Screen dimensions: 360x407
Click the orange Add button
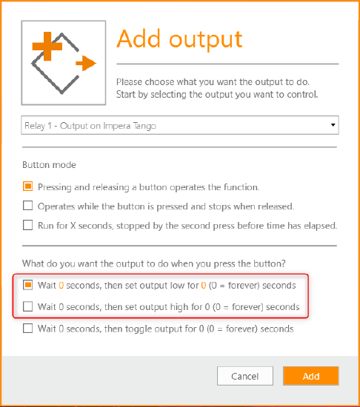[x=311, y=376]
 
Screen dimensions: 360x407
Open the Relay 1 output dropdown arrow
[x=333, y=125]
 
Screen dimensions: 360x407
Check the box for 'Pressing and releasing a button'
[x=28, y=186]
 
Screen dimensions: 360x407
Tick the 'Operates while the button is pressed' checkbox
[x=28, y=206]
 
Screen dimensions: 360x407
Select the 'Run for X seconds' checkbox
[x=28, y=225]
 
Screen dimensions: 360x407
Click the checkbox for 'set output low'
[x=28, y=285]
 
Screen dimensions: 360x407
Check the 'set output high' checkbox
[x=28, y=306]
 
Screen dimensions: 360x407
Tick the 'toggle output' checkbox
[x=28, y=328]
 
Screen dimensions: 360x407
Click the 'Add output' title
[x=179, y=39]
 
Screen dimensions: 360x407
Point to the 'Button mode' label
[x=49, y=165]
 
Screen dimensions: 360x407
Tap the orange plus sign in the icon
[x=47, y=46]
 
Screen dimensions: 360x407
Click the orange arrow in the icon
[x=86, y=63]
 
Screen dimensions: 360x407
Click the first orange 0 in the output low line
[x=61, y=286]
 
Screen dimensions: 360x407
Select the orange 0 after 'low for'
[x=204, y=286]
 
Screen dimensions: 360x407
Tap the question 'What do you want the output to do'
[x=154, y=263]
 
